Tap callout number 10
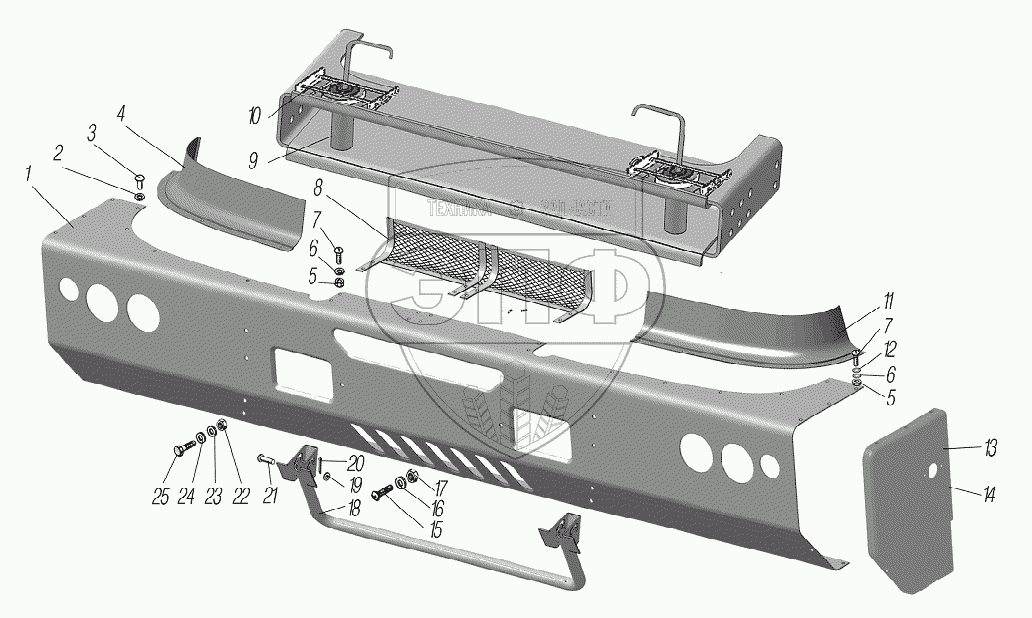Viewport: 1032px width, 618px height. [x=257, y=116]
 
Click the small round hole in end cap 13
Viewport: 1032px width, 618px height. [x=934, y=473]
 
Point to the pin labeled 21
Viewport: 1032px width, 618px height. [x=265, y=460]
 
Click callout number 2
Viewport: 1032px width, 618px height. [x=59, y=153]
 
